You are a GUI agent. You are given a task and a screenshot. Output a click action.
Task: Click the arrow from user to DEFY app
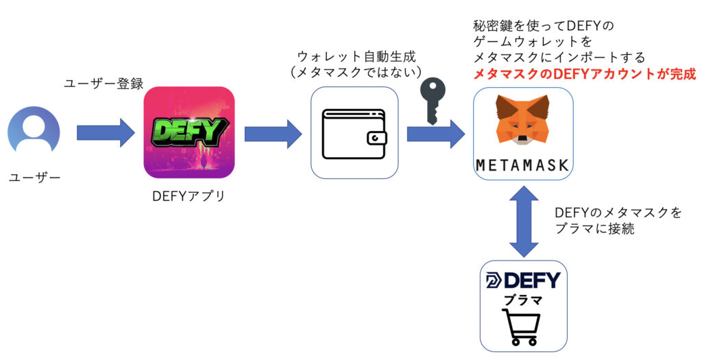pos(106,132)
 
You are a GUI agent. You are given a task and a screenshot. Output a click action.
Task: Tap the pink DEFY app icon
pos(189,132)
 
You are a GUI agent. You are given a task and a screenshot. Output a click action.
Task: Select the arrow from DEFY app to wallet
pos(273,134)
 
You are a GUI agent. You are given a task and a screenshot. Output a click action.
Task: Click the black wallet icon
pos(354,134)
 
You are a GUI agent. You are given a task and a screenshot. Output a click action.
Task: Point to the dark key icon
pos(433,101)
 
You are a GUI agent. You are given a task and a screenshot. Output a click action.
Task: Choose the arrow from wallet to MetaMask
pos(435,134)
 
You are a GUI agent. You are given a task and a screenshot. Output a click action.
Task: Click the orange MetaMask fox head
pos(522,119)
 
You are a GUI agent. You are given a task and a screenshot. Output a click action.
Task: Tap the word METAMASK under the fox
pos(522,165)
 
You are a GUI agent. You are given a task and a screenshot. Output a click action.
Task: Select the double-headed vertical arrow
pos(523,221)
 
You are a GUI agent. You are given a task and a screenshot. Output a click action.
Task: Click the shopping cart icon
pos(521,327)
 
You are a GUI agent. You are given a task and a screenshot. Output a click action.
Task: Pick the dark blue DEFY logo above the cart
pos(523,280)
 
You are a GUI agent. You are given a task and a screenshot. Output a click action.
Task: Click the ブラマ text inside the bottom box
pos(523,299)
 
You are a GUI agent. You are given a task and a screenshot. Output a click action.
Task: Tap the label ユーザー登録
pos(104,84)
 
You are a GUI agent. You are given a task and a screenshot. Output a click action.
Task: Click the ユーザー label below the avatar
pos(34,178)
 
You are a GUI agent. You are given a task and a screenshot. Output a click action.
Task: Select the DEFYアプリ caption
pos(189,196)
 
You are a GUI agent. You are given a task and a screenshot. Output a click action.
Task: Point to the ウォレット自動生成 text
pos(356,56)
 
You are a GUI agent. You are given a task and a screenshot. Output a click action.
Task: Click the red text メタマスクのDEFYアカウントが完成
pos(585,74)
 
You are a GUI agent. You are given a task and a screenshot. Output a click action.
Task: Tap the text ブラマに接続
pos(594,228)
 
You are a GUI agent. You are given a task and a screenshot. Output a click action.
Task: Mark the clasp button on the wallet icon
pos(376,139)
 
